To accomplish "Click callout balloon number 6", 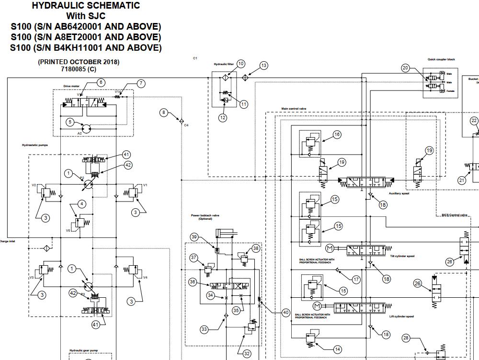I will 101,82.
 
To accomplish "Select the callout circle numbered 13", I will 264,66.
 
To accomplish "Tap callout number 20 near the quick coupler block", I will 406,68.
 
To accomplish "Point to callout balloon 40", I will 286,313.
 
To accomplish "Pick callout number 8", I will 164,112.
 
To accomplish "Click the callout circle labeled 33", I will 205,329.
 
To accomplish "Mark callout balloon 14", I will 337,349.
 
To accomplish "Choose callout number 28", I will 406,338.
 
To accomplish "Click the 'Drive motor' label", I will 70,86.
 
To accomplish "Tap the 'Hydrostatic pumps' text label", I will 35,145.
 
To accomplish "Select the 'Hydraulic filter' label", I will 224,64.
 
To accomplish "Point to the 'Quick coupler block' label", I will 441,59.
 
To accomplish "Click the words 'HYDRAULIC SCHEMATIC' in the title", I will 86,6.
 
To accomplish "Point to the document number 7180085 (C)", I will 79,69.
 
